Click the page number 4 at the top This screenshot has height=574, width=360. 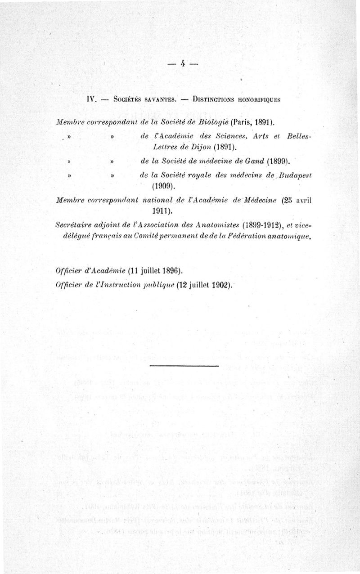click(x=183, y=63)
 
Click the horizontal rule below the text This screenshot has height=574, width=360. click(x=184, y=366)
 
